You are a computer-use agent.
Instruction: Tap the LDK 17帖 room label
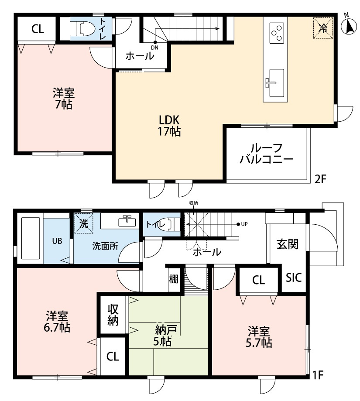click(169, 125)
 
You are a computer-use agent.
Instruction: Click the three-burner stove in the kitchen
click(276, 32)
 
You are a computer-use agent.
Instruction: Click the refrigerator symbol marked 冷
click(323, 28)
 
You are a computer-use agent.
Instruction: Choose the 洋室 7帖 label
click(64, 99)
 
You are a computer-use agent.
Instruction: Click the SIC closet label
click(294, 278)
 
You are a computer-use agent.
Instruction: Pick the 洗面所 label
click(105, 246)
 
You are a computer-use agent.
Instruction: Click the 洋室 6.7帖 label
click(58, 321)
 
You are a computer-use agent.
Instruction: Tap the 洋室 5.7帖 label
click(260, 336)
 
